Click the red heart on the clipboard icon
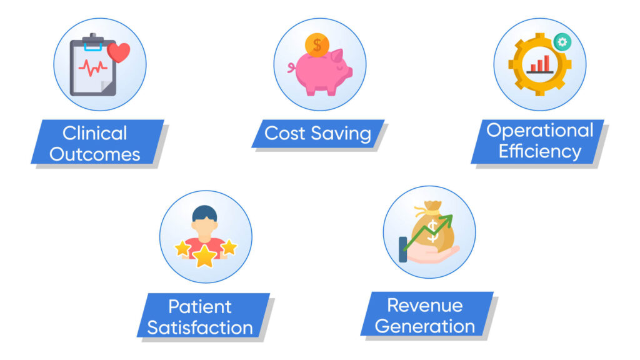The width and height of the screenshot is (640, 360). [x=119, y=52]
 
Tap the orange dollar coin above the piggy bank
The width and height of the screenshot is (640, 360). [x=317, y=45]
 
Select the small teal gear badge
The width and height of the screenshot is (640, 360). [x=562, y=42]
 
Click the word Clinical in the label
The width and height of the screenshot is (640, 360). [x=95, y=133]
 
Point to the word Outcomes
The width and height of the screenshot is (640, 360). [x=95, y=154]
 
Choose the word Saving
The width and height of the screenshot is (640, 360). [x=341, y=134]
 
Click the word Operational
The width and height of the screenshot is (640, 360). [x=539, y=131]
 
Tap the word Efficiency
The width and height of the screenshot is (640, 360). [x=539, y=152]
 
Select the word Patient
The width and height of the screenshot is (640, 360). [x=200, y=306]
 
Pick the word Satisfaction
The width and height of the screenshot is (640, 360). [x=200, y=327]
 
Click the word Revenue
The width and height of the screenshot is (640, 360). [x=425, y=305]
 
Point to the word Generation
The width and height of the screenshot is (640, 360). [x=425, y=326]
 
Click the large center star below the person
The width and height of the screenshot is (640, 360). [x=204, y=256]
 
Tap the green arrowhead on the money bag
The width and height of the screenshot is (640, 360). [x=447, y=221]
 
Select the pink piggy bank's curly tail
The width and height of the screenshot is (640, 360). [x=292, y=67]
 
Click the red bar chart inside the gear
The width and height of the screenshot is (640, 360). [x=539, y=64]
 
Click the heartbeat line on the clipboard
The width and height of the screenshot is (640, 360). [x=93, y=67]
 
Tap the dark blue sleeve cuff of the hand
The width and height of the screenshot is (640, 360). [x=403, y=249]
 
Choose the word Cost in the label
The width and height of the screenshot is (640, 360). [x=285, y=134]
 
